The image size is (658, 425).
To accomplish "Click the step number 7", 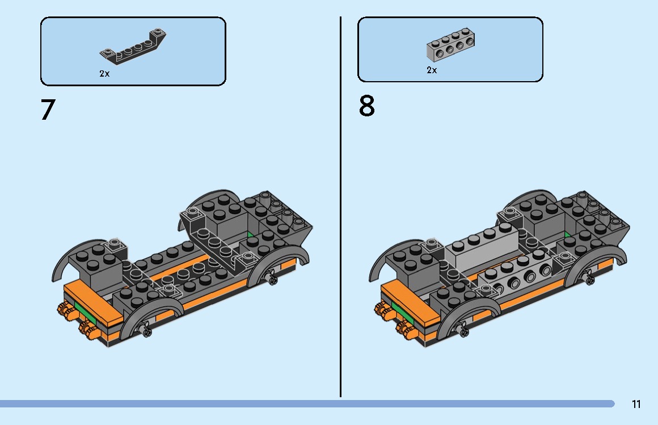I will pos(48,110).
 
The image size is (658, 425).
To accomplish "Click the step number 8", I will pos(367,106).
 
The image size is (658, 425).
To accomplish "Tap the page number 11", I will pos(636,404).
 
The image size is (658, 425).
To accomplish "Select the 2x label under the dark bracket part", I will pos(104,74).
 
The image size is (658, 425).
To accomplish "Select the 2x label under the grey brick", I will pos(432,70).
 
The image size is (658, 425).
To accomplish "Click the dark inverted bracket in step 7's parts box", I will pos(134,48).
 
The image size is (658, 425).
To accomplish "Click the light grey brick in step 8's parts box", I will pos(450,46).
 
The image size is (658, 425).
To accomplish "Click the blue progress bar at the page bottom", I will pos(306,403).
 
